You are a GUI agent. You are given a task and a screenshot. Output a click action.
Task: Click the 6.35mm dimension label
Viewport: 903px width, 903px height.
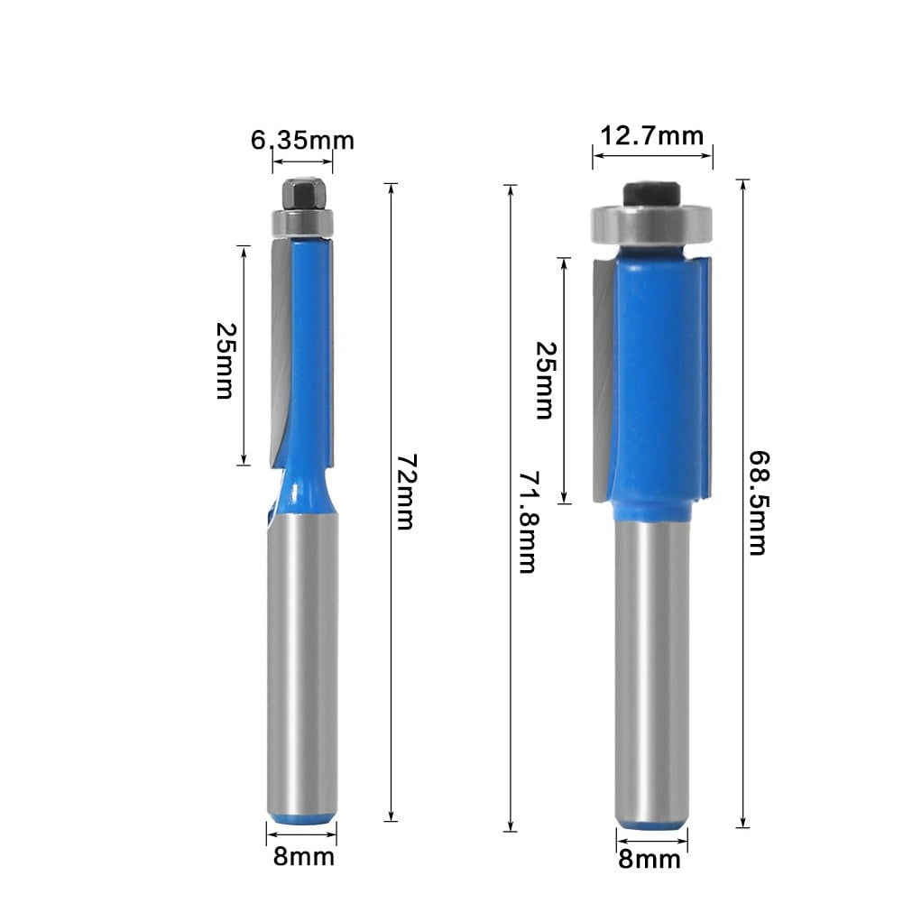pos(302,140)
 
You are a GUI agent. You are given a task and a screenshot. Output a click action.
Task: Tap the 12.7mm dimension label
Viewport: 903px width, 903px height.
pos(651,135)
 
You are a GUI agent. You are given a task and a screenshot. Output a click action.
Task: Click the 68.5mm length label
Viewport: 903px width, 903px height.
pos(758,504)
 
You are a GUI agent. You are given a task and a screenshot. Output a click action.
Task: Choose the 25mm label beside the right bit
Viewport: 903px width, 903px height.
pos(543,380)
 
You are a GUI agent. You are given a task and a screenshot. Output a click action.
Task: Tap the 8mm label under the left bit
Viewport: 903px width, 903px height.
pos(303,855)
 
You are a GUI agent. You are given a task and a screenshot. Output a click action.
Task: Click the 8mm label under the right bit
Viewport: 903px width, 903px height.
pos(650,859)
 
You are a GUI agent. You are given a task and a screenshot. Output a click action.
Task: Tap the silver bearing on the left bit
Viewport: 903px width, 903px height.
pos(301,221)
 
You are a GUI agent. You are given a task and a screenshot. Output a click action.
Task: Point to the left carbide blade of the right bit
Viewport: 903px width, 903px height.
pos(602,379)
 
